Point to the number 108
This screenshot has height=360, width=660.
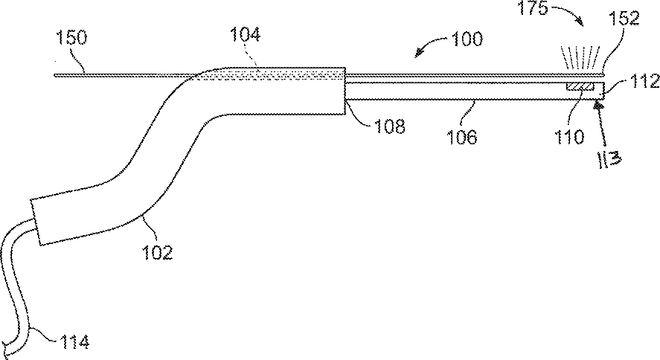pos(389,126)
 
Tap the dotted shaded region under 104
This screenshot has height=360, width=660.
pos(275,74)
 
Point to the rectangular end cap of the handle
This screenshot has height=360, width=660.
pos(47,221)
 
